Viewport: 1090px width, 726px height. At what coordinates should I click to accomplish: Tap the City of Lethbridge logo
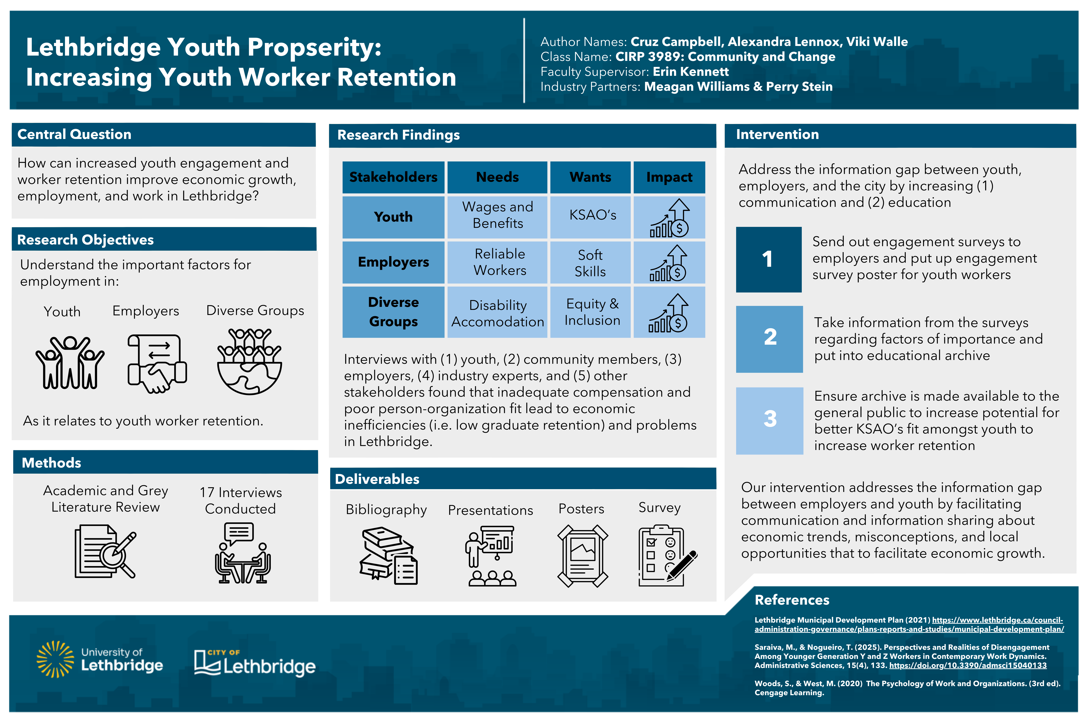[x=254, y=663]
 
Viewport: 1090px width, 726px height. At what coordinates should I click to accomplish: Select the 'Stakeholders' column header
[x=393, y=177]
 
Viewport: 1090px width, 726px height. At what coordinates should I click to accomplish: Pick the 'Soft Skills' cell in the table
[x=590, y=263]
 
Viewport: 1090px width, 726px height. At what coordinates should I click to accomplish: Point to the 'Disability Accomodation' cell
[x=497, y=313]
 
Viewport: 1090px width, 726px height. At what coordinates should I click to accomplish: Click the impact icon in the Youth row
[x=669, y=218]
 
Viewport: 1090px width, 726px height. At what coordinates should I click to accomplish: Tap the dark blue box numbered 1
[x=768, y=259]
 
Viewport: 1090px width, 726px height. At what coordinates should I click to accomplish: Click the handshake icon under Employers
[x=157, y=363]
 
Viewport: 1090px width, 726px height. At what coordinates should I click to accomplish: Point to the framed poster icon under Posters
[x=582, y=556]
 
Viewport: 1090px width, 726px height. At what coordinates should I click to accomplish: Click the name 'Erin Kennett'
[x=691, y=72]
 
